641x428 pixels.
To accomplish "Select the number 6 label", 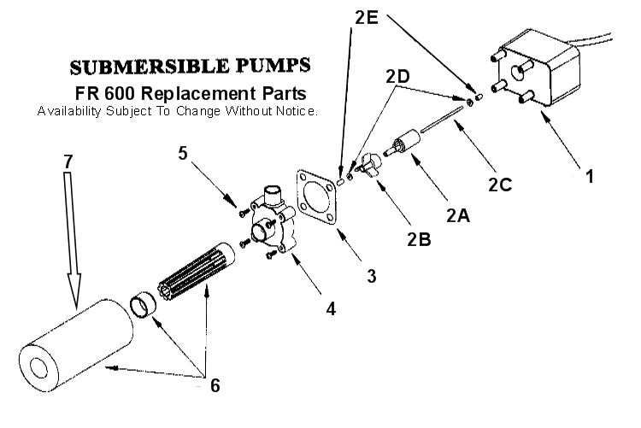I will click(215, 385).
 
